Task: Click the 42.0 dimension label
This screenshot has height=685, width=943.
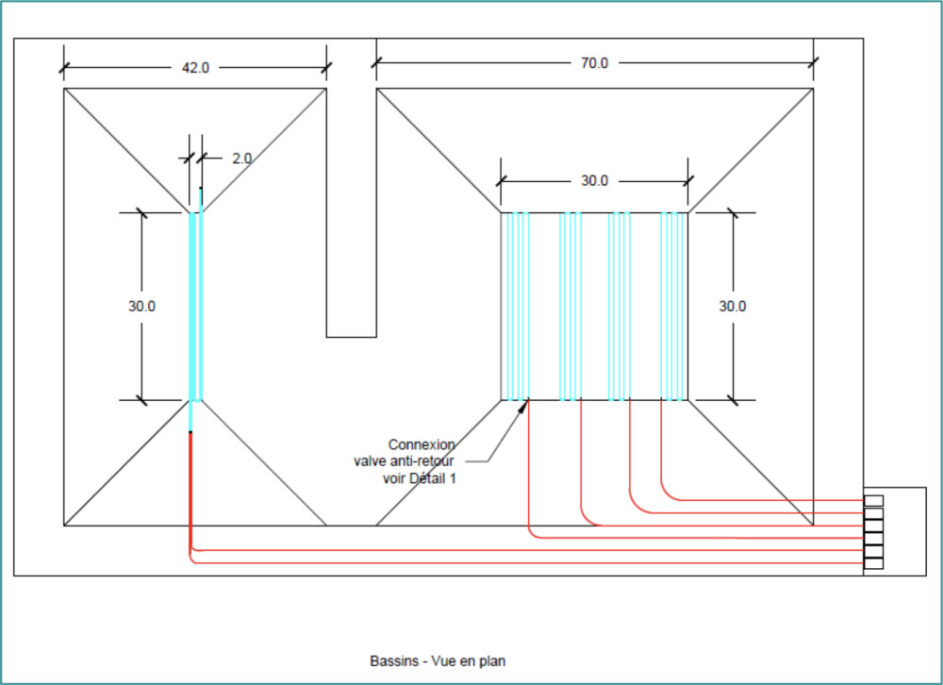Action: (195, 68)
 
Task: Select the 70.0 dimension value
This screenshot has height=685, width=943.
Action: (594, 63)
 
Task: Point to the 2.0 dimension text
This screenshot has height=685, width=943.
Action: (241, 159)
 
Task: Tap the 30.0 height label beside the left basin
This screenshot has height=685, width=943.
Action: (141, 306)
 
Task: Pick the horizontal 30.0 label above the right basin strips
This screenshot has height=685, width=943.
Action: (594, 180)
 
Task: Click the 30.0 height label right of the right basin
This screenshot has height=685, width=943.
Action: (733, 306)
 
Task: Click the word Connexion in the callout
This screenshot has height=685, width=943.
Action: (422, 443)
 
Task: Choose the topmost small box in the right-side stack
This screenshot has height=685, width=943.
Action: (874, 500)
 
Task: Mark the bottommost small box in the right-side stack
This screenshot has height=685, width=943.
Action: (874, 563)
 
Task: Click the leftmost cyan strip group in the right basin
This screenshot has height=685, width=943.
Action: (515, 306)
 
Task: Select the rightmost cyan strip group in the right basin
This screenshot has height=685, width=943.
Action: (673, 306)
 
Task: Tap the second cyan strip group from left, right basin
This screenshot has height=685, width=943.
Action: (570, 306)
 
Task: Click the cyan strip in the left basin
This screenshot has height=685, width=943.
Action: (195, 306)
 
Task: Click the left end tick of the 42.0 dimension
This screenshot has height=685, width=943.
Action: (64, 68)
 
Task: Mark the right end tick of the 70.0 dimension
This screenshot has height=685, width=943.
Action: (813, 63)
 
